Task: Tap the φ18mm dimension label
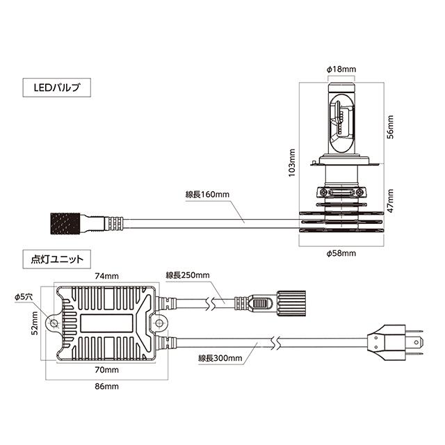point(341,70)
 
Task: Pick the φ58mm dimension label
point(341,254)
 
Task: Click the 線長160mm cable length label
point(207,195)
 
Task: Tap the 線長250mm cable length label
point(188,275)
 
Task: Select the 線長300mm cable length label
point(220,359)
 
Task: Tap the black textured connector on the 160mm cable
point(67,223)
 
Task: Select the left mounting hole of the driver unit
point(53,323)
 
